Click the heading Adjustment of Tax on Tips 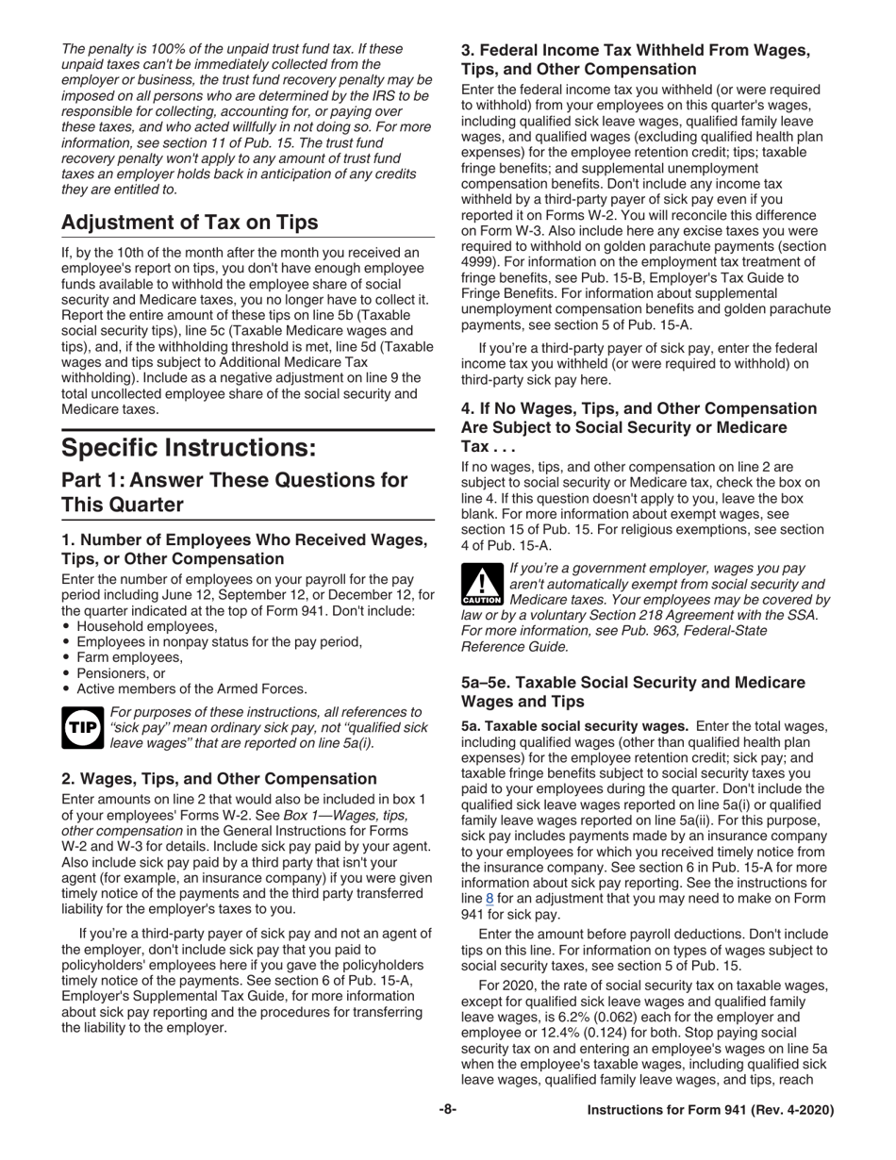[189, 223]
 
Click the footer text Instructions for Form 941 [709, 1111]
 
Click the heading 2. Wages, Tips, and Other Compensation [219, 778]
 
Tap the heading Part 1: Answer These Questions [234, 491]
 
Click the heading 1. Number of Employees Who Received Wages [244, 549]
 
